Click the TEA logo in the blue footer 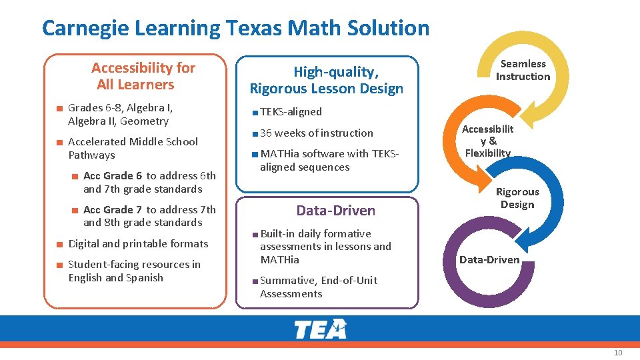click(x=320, y=329)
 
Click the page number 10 click(x=617, y=352)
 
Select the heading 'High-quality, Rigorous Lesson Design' click(x=327, y=80)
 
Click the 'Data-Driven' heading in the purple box click(x=336, y=211)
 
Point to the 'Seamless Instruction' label click(x=523, y=70)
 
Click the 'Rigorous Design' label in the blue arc click(x=517, y=198)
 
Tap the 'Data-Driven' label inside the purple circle click(x=489, y=259)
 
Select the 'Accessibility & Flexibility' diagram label click(x=488, y=141)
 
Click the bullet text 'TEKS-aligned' click(x=291, y=112)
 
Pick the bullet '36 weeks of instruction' click(x=317, y=133)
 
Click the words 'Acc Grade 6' click(x=113, y=176)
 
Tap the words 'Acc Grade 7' click(x=113, y=209)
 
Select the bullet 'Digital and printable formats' click(x=138, y=244)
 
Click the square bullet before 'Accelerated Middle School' click(x=59, y=142)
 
